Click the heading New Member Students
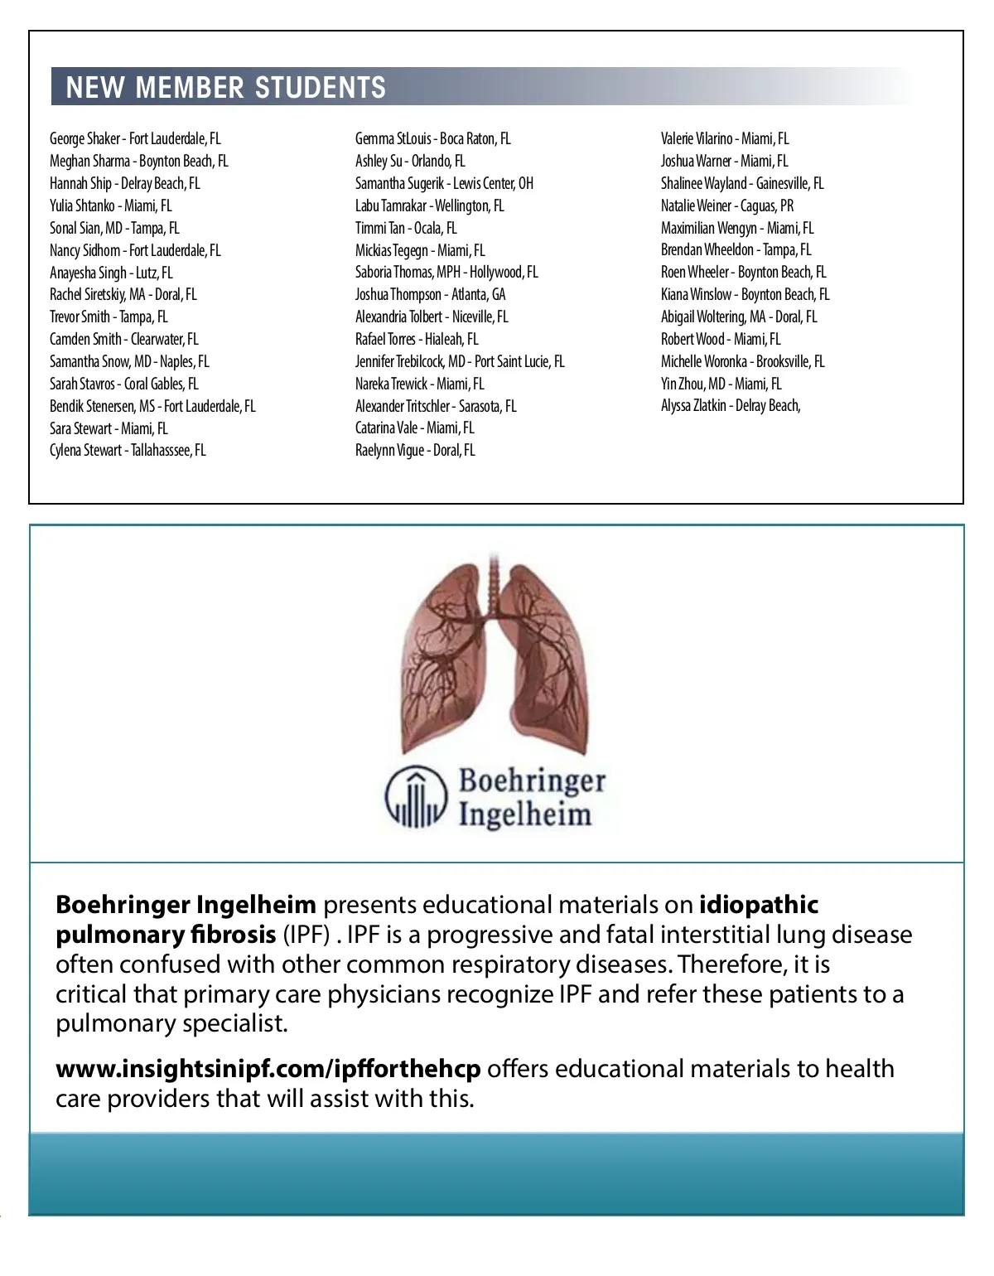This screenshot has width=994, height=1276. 225,87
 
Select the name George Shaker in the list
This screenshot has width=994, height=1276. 135,138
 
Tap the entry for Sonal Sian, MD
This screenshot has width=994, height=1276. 114,228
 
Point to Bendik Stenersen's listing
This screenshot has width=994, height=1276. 152,406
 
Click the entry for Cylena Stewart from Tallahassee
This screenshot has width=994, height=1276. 128,451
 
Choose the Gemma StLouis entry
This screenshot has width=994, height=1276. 432,138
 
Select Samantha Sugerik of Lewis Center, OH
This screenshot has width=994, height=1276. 444,183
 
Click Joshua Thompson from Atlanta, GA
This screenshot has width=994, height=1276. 430,294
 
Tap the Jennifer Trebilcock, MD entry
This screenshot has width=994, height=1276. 460,361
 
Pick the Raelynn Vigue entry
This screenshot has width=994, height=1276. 415,451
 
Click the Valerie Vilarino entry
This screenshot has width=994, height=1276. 725,138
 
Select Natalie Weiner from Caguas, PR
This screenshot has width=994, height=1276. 726,205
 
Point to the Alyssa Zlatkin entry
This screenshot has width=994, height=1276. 731,406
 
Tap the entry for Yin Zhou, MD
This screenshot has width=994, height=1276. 721,384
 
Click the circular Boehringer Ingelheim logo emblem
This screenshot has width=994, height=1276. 416,797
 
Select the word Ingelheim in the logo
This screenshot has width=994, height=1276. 525,814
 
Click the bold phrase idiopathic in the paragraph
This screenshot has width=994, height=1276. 759,904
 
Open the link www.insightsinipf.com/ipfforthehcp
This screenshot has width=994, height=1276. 268,1069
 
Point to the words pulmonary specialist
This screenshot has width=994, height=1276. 171,1023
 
